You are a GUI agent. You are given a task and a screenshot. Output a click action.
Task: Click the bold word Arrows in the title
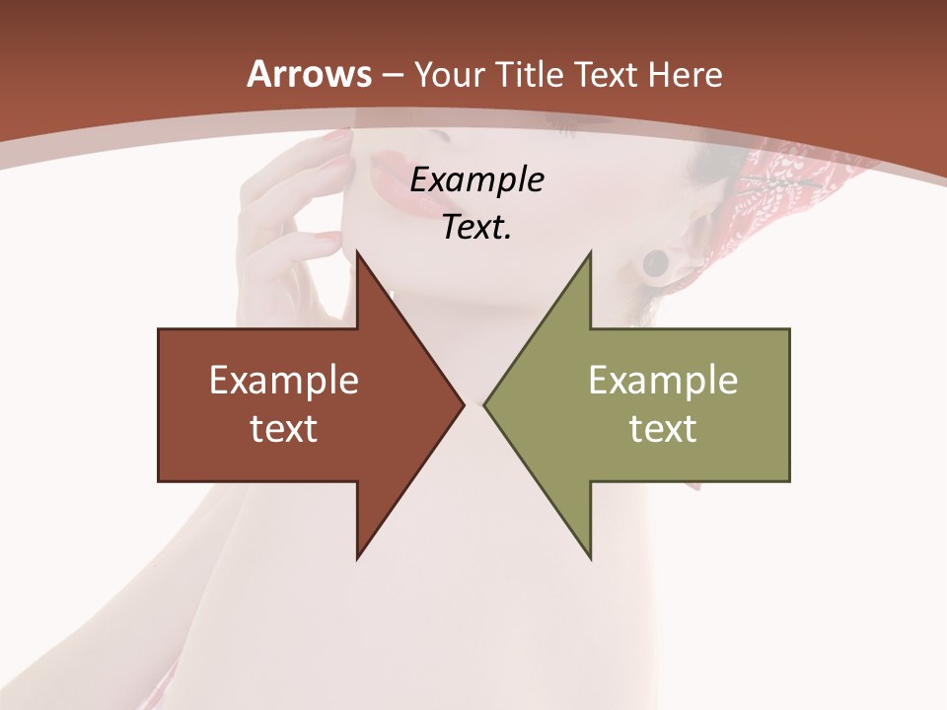[x=309, y=74]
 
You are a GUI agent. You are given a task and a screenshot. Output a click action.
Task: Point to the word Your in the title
[x=450, y=74]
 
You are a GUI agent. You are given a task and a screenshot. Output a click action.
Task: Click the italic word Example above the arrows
[x=476, y=180]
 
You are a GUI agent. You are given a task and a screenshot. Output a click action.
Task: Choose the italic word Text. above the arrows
[x=476, y=228]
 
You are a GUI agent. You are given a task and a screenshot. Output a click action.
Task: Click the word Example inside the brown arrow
[x=284, y=380]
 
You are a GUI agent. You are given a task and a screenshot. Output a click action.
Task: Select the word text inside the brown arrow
[x=284, y=428]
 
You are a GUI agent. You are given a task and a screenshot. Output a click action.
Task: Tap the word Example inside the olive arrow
[x=663, y=380]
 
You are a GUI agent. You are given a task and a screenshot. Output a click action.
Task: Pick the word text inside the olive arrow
[x=663, y=428]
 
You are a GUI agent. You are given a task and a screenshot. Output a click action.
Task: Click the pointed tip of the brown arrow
[x=463, y=404]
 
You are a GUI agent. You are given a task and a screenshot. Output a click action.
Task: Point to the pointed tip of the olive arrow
[x=485, y=404]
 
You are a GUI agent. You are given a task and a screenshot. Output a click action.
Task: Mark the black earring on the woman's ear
[x=655, y=263]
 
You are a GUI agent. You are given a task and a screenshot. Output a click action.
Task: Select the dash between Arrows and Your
[x=392, y=75]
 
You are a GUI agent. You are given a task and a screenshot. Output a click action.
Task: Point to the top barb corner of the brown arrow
[x=358, y=252]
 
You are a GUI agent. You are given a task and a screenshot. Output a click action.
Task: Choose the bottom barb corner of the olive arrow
[x=590, y=558]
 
